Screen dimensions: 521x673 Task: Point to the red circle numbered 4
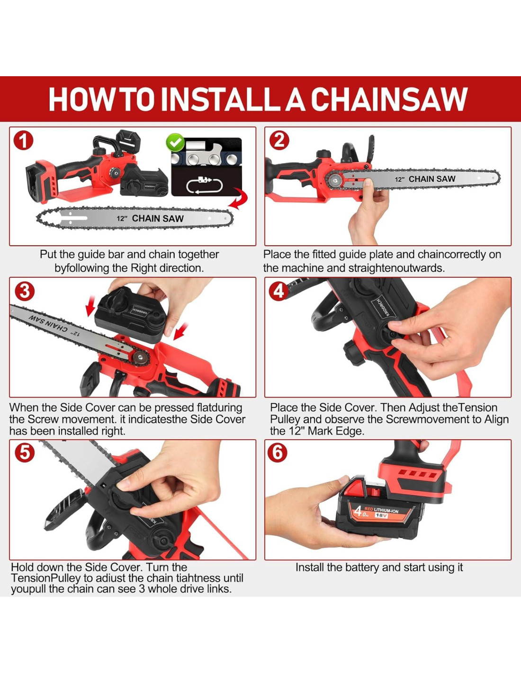[278, 291]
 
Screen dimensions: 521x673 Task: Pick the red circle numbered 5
[25, 453]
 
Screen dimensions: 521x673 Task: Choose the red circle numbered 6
[278, 453]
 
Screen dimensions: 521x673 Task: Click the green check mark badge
[175, 142]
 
